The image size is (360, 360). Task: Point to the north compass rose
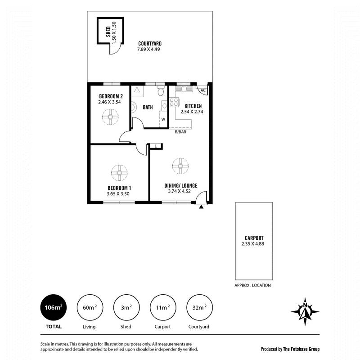(306, 311)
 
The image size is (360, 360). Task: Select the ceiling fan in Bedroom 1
(119, 172)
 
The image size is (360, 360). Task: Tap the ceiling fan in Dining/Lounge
(180, 166)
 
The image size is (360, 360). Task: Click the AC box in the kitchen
(202, 90)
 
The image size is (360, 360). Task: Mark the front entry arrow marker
(201, 207)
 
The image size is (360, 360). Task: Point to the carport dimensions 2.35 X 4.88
(254, 244)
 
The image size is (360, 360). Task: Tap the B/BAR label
(181, 132)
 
